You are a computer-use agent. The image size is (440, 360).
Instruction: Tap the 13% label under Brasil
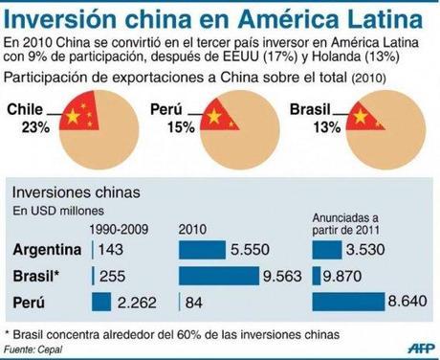(309, 126)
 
